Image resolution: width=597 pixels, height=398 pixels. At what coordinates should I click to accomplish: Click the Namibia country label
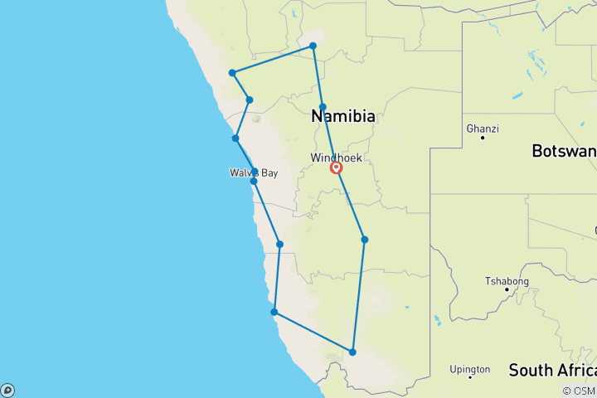tap(343, 117)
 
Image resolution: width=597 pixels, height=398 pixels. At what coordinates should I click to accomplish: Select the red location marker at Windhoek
tap(336, 167)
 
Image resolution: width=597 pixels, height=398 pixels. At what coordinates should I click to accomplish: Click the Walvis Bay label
tap(255, 173)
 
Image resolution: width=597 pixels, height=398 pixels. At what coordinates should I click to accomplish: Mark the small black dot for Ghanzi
tap(482, 138)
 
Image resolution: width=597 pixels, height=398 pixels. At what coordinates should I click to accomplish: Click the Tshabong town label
tap(506, 281)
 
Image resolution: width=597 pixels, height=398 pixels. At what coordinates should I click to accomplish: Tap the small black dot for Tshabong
tap(507, 289)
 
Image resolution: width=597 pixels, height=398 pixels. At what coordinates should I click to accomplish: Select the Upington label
tap(469, 369)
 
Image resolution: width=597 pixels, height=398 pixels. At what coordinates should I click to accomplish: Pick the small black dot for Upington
tap(470, 377)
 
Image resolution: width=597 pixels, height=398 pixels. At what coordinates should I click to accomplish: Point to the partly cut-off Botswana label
tap(564, 152)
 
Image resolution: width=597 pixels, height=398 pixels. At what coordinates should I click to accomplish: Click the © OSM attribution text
tap(579, 391)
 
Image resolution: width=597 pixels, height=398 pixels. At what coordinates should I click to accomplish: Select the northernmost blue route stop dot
tap(313, 46)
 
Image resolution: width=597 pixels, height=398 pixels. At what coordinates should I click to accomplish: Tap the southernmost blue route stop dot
tap(352, 352)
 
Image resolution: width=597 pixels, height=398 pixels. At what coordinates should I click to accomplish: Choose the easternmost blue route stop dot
tap(364, 240)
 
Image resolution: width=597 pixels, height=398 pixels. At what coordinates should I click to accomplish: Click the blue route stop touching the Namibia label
tap(323, 107)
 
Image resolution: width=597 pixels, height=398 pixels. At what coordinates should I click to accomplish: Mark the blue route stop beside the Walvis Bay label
tap(254, 180)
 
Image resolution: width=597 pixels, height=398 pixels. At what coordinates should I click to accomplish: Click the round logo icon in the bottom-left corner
tap(7, 390)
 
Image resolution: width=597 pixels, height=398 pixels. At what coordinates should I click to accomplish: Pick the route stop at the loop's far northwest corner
tap(232, 73)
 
